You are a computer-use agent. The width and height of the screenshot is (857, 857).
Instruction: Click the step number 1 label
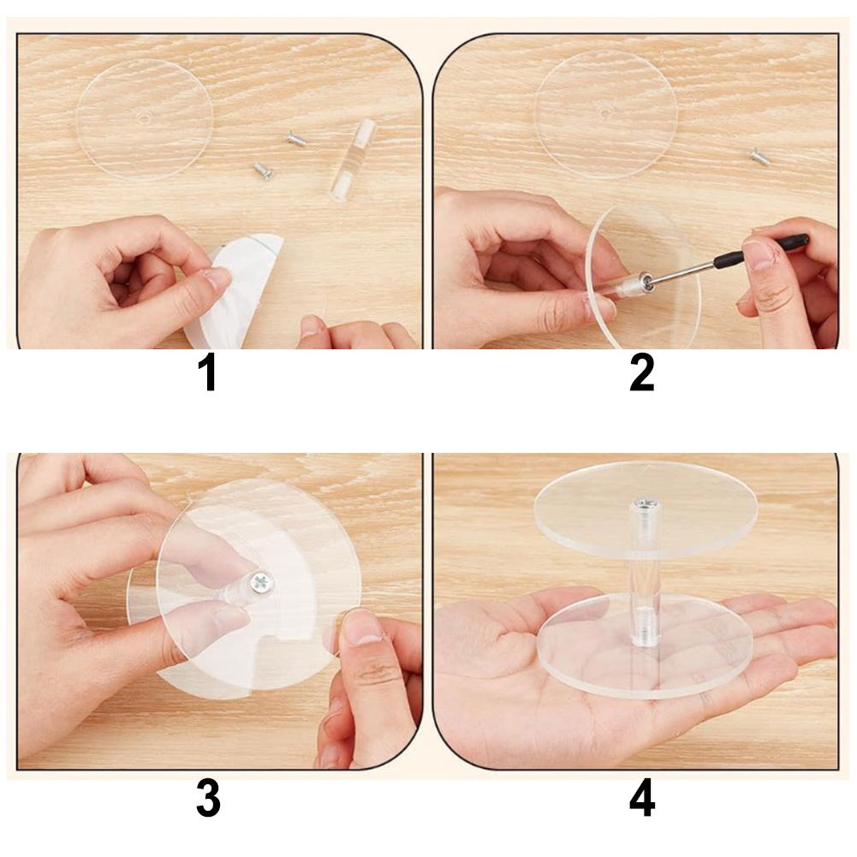(x=207, y=373)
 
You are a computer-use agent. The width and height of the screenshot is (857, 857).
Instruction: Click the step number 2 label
(x=641, y=373)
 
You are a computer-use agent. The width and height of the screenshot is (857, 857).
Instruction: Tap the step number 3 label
(x=208, y=800)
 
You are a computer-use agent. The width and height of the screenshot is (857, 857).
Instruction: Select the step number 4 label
(x=642, y=800)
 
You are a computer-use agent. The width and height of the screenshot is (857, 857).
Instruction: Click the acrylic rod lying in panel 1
(x=352, y=159)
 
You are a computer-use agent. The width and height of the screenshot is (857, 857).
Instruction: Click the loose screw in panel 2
(x=759, y=157)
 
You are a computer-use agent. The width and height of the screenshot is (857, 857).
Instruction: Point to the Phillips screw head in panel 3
(x=260, y=585)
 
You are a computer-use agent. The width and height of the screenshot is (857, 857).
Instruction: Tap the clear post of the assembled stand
(x=645, y=582)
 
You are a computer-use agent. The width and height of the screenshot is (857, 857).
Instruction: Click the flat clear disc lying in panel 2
(x=605, y=113)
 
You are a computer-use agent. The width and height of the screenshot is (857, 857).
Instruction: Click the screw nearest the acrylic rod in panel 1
(x=296, y=137)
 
